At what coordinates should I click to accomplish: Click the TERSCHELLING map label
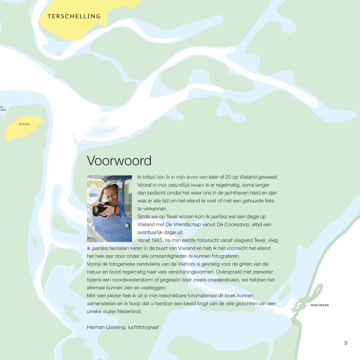[x=74, y=17]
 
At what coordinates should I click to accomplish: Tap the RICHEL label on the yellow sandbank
[x=25, y=124]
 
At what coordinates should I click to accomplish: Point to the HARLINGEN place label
[x=319, y=305]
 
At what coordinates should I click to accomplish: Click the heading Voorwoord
[x=119, y=161]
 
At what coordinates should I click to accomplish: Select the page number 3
[x=346, y=343]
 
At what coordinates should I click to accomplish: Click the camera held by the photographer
[x=99, y=208]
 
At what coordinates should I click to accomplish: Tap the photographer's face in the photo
[x=110, y=195]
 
